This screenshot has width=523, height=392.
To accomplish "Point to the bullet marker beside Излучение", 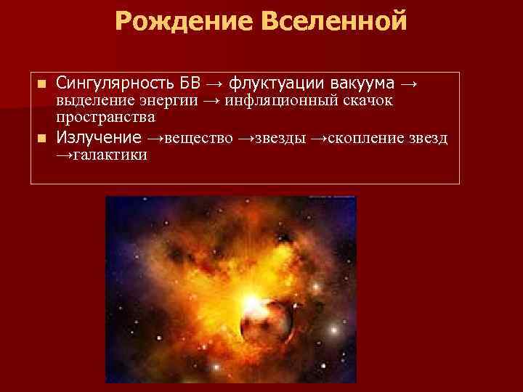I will [41, 139].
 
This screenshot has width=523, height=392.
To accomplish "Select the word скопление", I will [356, 138].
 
